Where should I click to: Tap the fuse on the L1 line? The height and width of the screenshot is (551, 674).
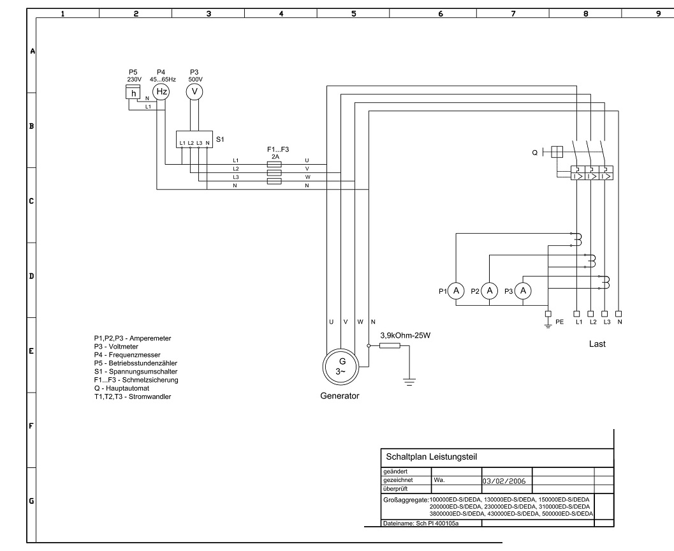coord(274,165)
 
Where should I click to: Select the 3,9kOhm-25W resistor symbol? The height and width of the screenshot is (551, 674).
coord(390,345)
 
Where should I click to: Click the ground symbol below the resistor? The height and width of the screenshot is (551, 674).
coord(409,381)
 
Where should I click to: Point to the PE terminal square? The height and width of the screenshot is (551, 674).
coord(548,314)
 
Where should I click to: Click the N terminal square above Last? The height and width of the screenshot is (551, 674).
coord(619,314)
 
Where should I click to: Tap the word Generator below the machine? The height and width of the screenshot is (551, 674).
coord(340,396)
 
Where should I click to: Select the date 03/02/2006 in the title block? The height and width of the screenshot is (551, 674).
coord(504,481)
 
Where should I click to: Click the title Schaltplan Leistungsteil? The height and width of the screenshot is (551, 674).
coord(431,457)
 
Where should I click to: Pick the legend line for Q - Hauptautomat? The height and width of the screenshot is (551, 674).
coord(122,388)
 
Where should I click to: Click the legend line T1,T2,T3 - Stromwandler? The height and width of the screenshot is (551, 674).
coord(133,396)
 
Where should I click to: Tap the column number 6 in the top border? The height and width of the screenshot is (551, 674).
coord(441,14)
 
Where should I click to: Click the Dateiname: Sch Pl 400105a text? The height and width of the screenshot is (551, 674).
coord(421,524)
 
